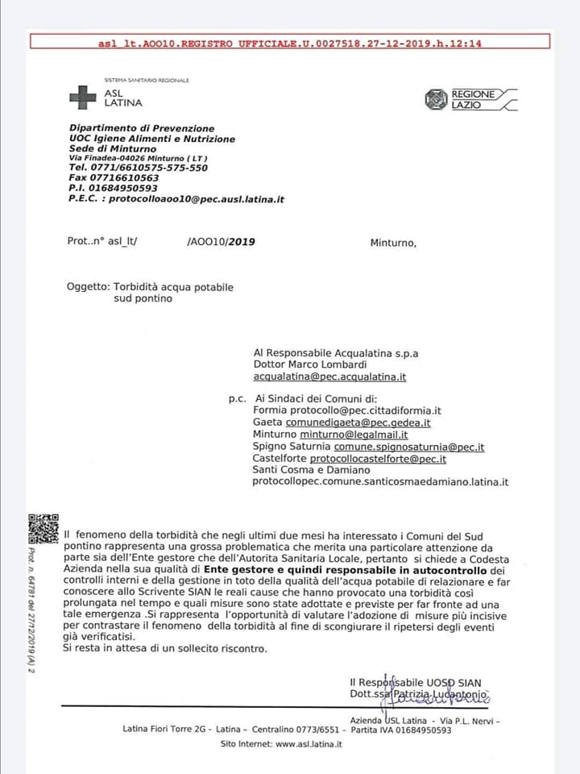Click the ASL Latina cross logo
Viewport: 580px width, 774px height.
[82, 98]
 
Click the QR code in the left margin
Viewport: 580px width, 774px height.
[43, 528]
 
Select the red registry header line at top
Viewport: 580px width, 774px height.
[290, 44]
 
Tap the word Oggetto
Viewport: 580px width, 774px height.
[86, 286]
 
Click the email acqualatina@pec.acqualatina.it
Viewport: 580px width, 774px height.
[329, 377]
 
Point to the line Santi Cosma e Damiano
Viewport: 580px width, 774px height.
[311, 470]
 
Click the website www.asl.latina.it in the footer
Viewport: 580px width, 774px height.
[309, 744]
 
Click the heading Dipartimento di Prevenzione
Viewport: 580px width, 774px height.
[142, 128]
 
